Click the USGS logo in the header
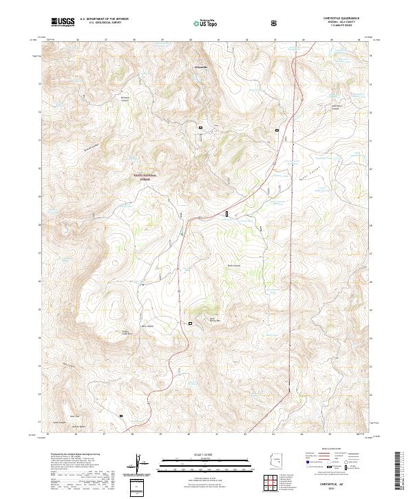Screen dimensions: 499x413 (63, 22)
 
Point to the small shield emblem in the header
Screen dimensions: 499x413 (275, 22)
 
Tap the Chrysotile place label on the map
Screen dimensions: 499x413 (198, 67)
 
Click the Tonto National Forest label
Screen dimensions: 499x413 (145, 177)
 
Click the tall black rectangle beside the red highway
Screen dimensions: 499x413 (226, 215)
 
